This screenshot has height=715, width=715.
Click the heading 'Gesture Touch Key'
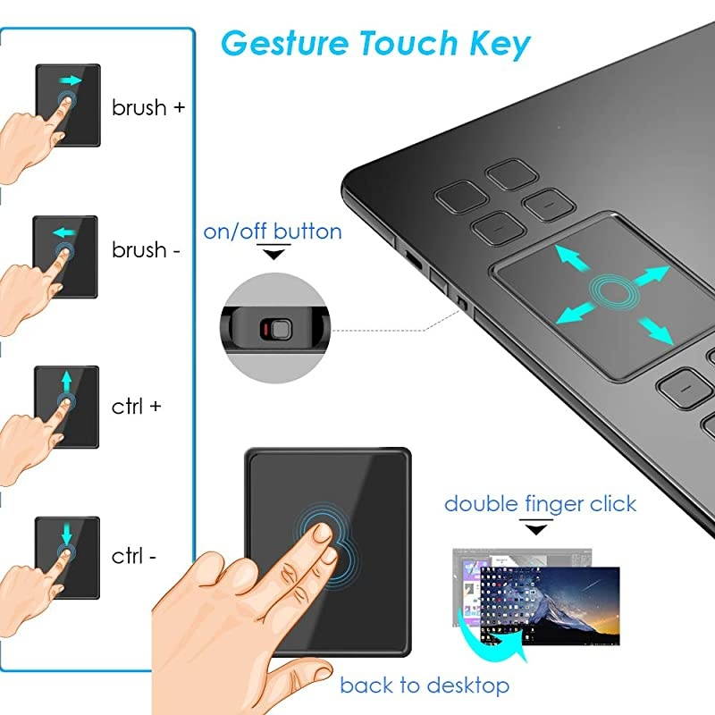[x=375, y=42]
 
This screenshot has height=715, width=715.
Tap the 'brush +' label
[x=148, y=108]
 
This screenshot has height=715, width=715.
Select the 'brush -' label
[x=146, y=250]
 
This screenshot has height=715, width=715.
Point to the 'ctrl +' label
[x=137, y=406]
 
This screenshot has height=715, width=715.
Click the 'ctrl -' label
[x=134, y=555]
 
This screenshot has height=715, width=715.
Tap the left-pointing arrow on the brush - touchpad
[x=63, y=233]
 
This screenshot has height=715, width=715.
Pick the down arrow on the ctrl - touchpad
[x=67, y=534]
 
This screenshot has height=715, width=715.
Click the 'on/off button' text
[x=273, y=231]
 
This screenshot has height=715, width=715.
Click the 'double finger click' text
[x=540, y=504]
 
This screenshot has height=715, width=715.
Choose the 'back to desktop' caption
[x=425, y=686]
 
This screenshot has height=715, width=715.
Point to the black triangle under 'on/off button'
[x=273, y=255]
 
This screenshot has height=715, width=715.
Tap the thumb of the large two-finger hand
[x=201, y=572]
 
